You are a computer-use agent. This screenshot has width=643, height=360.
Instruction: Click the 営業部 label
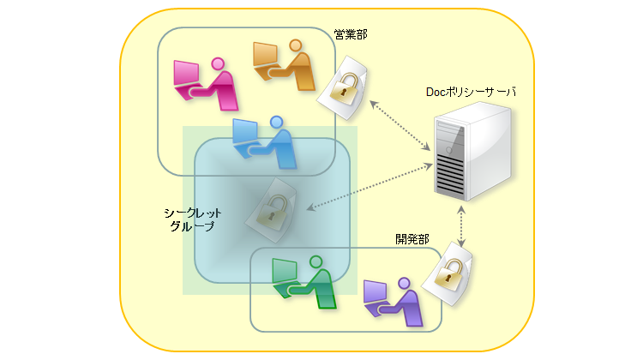pyautogui.click(x=351, y=37)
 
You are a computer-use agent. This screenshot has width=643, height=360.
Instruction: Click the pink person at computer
pyautogui.click(x=207, y=84)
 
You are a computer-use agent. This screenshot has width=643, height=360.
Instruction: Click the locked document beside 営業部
pyautogui.click(x=344, y=87)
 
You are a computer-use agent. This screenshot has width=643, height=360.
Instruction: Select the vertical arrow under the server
pyautogui.click(x=464, y=227)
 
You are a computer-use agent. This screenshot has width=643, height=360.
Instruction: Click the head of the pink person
pyautogui.click(x=218, y=63)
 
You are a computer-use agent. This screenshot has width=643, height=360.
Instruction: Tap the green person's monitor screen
pyautogui.click(x=284, y=269)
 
